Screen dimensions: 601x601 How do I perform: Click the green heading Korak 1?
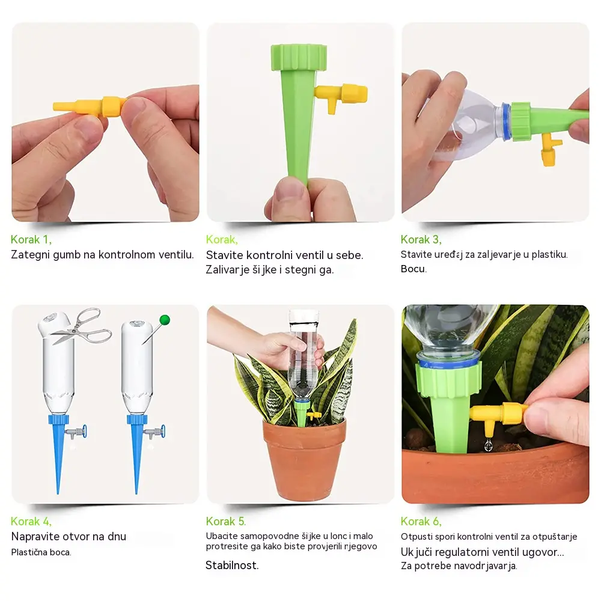click(31, 240)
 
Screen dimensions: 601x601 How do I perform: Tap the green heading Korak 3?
click(421, 240)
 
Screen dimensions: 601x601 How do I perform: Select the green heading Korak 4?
click(31, 521)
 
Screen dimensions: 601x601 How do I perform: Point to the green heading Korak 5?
click(226, 521)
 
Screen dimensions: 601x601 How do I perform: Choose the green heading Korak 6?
click(421, 521)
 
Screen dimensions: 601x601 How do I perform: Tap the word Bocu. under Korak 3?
click(413, 269)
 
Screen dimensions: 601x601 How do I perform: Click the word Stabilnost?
click(232, 566)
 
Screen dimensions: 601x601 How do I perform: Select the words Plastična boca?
click(41, 552)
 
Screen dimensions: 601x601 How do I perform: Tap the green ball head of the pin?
click(165, 320)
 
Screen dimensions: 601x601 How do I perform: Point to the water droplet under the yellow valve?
click(488, 445)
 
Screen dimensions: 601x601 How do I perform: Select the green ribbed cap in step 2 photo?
click(299, 57)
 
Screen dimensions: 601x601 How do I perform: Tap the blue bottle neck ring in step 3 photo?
click(506, 122)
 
